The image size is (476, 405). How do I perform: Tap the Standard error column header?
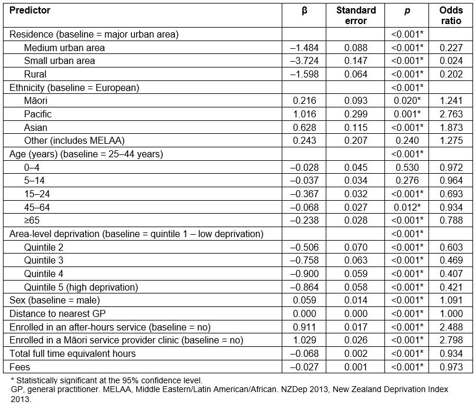point(356,15)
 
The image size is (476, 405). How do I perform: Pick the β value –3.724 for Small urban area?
point(303,61)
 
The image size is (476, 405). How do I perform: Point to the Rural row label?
point(35,75)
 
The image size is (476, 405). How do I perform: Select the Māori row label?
point(36,101)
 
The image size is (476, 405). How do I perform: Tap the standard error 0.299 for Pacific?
point(356,114)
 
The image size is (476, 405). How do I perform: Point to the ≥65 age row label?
point(32,221)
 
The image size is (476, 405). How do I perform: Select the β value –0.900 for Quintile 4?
point(303,274)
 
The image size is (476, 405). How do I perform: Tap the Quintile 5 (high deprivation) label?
point(81,287)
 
